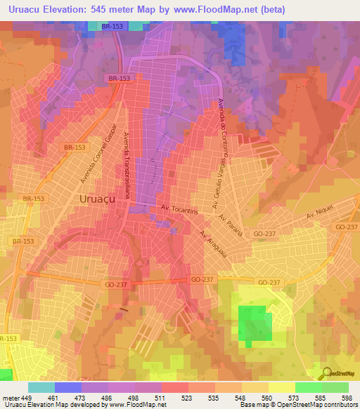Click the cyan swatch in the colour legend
pyautogui.click(x=41, y=387)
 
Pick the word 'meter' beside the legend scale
pyautogui.click(x=11, y=397)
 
